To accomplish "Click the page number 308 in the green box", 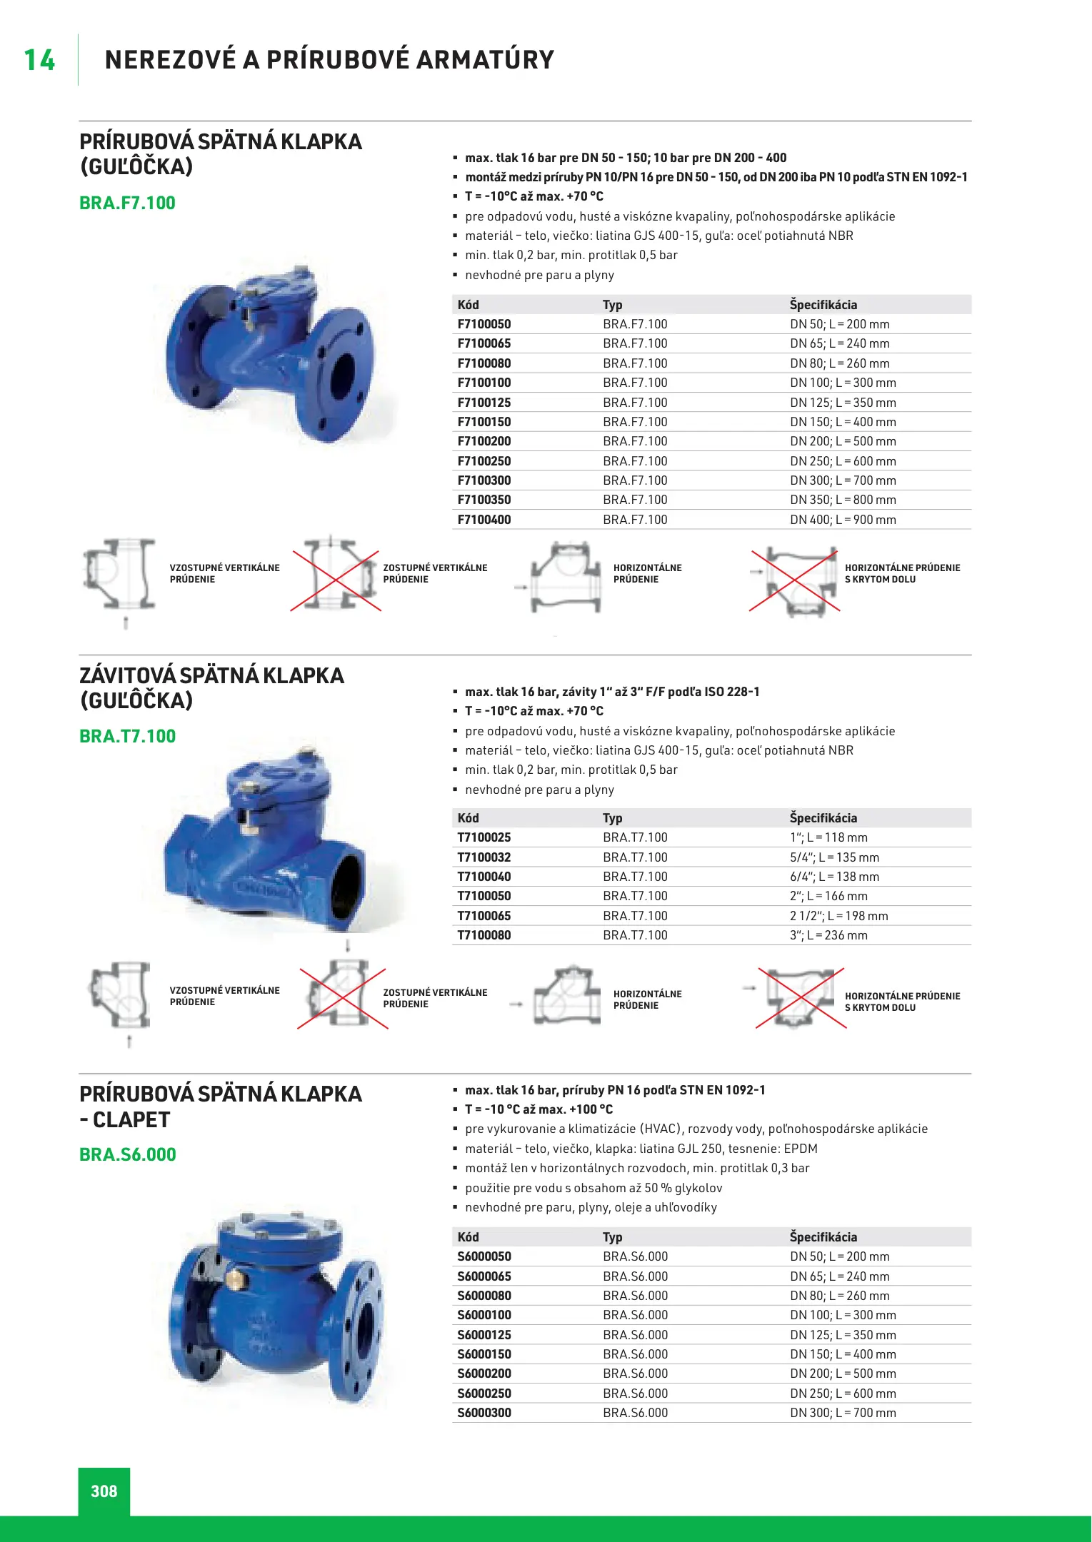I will pyautogui.click(x=104, y=1491).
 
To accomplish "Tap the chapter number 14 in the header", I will pyautogui.click(x=39, y=60).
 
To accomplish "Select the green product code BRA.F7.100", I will pyautogui.click(x=127, y=203).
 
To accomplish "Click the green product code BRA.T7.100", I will pyautogui.click(x=127, y=737).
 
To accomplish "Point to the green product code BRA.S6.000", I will pyautogui.click(x=127, y=1155).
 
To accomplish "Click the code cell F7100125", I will pyautogui.click(x=484, y=403).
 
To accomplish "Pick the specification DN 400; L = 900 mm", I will pyautogui.click(x=843, y=520).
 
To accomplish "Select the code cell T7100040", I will pyautogui.click(x=484, y=877).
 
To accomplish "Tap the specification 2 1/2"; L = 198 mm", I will pyautogui.click(x=838, y=916).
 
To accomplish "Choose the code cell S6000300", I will pyautogui.click(x=484, y=1413).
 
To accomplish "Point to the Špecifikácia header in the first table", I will pyautogui.click(x=823, y=305).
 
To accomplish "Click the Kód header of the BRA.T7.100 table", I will pyautogui.click(x=468, y=818).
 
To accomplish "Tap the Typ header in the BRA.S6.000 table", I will pyautogui.click(x=612, y=1237).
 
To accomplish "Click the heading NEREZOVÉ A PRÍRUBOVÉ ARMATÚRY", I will pyautogui.click(x=329, y=60).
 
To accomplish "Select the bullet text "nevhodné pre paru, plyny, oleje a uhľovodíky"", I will pyautogui.click(x=591, y=1207).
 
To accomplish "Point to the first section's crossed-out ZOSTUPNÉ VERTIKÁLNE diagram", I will pyautogui.click(x=336, y=575).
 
